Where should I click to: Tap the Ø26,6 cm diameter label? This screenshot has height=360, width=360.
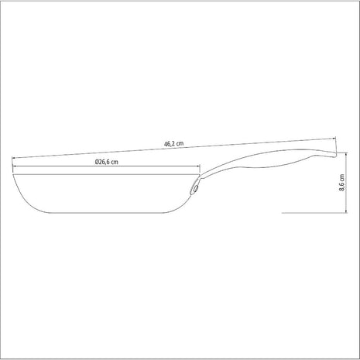[x=111, y=163]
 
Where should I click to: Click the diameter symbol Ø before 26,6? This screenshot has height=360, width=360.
[x=98, y=163]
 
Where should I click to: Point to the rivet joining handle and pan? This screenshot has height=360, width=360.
[x=197, y=187]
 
